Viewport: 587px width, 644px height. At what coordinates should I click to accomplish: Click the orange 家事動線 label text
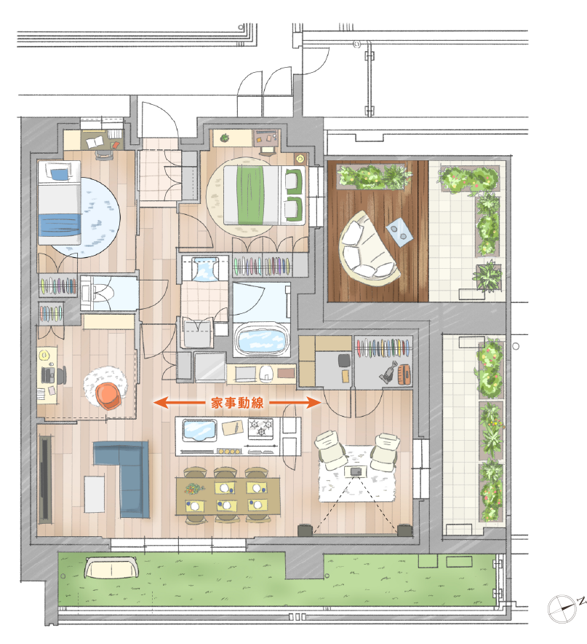[x=237, y=403]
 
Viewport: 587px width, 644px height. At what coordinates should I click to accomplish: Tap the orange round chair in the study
[x=109, y=395]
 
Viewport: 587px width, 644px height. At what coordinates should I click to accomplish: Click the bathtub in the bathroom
[x=261, y=340]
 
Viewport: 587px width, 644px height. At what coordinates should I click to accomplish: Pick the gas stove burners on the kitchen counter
[x=260, y=428]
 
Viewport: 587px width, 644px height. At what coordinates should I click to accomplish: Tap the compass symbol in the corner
[x=563, y=608]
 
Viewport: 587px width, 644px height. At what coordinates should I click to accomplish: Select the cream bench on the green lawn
[x=111, y=568]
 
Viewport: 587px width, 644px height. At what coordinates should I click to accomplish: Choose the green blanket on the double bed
[x=250, y=194]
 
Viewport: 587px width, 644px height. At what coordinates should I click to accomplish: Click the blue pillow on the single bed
[x=59, y=174]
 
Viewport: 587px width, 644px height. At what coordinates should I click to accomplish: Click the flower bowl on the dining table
[x=194, y=488]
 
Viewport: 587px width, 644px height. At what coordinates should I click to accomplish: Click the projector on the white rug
[x=356, y=471]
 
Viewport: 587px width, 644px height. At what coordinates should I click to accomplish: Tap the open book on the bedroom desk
[x=95, y=143]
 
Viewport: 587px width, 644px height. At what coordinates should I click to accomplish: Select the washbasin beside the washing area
[x=204, y=269]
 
